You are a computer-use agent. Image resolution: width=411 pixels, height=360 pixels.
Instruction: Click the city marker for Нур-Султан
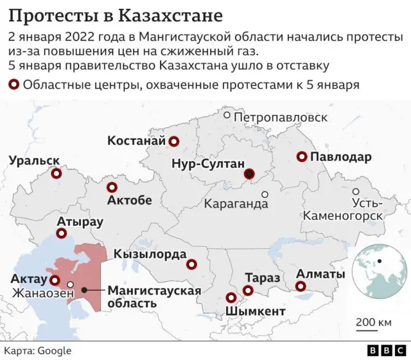(x=249, y=174)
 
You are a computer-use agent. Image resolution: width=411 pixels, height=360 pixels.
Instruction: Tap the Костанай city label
(x=136, y=141)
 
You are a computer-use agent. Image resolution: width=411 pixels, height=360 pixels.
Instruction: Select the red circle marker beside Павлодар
(x=301, y=157)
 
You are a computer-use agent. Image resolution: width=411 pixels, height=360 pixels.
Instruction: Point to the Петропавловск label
(x=281, y=118)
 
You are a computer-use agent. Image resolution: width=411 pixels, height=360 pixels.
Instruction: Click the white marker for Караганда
(x=265, y=194)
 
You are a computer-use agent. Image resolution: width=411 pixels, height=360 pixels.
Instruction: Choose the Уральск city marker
(x=56, y=174)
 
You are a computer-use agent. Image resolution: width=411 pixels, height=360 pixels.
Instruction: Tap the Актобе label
(x=129, y=201)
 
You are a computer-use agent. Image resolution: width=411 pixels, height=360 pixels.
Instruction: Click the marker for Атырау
(x=62, y=235)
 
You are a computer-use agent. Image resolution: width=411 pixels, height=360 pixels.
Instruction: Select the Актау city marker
(x=55, y=281)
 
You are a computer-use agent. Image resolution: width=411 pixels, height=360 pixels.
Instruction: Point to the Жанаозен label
(x=39, y=293)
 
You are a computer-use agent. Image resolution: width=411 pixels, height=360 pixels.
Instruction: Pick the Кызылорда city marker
(x=191, y=264)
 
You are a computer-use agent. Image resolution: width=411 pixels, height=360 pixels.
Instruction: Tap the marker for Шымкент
(x=231, y=298)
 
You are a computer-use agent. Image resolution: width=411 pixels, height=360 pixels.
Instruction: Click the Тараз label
(x=262, y=278)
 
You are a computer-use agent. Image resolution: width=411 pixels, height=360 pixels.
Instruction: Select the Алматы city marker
(x=300, y=287)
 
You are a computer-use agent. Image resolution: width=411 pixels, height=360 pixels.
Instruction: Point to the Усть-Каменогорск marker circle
(x=356, y=192)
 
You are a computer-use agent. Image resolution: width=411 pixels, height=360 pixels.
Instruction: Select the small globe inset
(x=380, y=263)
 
